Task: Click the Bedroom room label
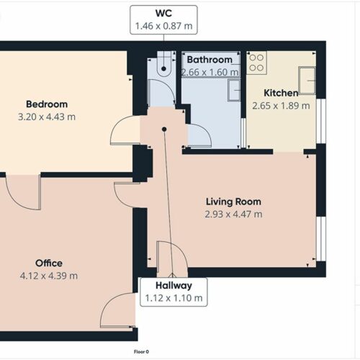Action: pos(47,104)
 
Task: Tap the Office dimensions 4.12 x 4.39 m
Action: pos(49,276)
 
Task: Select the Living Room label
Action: pos(233,202)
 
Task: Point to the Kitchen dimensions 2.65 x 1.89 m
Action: pos(281,106)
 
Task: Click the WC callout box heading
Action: pos(163,13)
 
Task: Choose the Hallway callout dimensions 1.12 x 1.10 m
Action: pos(174,298)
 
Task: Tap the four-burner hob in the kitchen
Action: pos(256,63)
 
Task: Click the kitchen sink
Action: pos(307,81)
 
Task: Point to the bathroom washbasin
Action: pos(234,90)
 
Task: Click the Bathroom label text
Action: pos(210,60)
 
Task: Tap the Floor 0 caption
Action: pos(141,352)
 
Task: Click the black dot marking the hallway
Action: pos(164,130)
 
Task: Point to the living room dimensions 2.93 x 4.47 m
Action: pos(233,214)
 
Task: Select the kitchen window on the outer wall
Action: pos(321,121)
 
